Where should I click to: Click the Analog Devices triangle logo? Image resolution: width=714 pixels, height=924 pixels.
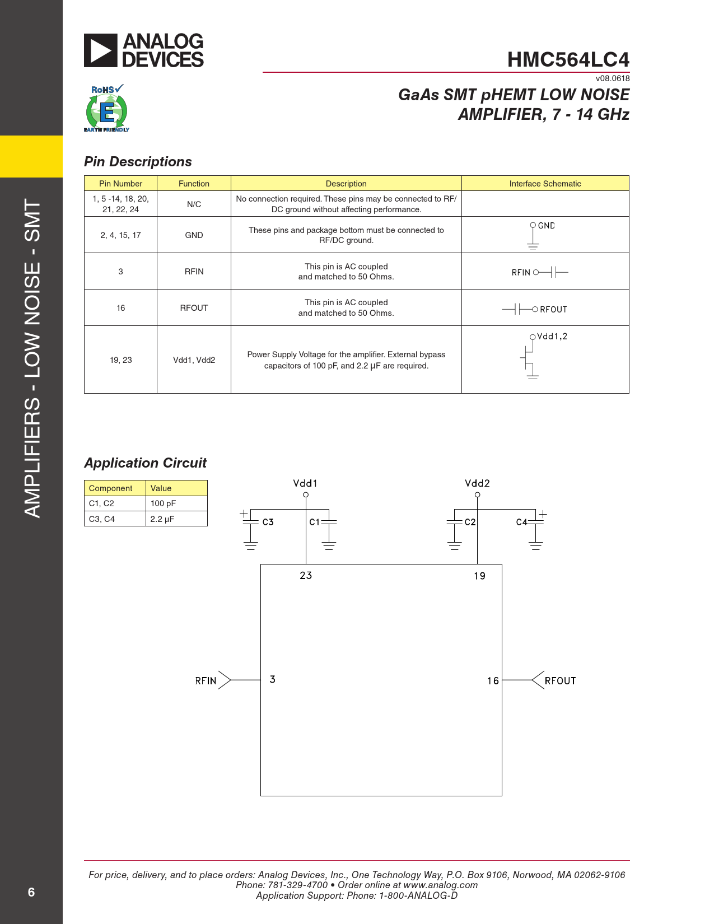tap(101, 50)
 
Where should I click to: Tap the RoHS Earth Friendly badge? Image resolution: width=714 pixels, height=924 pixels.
tap(107, 109)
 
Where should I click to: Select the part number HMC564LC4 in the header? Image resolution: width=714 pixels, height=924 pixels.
tap(568, 60)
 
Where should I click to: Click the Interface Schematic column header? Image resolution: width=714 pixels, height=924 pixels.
tap(545, 184)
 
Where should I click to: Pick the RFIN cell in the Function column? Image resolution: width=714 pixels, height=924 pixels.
tap(194, 272)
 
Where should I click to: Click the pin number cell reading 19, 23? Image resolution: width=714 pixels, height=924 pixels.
tap(120, 360)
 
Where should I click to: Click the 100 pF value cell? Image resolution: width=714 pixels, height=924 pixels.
tap(163, 503)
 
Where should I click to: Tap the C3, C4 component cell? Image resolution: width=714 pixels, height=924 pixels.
tap(102, 519)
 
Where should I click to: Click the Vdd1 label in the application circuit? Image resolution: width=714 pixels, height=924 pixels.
tap(305, 483)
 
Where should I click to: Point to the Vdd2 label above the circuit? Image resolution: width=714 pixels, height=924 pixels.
tap(477, 483)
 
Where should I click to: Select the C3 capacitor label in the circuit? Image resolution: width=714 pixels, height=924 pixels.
tap(268, 522)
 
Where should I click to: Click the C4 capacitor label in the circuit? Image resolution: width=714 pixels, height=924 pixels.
tap(521, 522)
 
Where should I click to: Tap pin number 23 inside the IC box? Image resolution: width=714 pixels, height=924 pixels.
tap(306, 576)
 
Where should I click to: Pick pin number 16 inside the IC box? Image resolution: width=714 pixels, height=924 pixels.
tap(492, 681)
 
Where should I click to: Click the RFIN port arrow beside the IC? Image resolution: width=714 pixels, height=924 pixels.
tap(225, 680)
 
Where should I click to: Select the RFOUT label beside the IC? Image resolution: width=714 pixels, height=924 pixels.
tap(560, 681)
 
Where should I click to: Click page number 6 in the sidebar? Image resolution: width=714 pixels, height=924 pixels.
tap(31, 892)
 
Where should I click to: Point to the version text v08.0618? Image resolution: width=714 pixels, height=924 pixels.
tap(613, 78)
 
